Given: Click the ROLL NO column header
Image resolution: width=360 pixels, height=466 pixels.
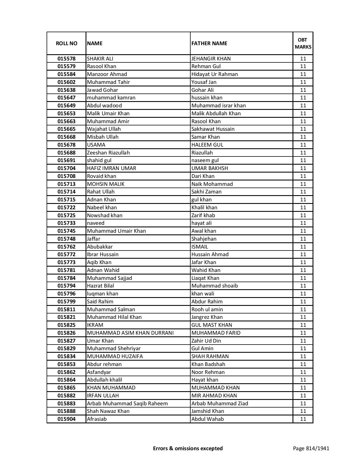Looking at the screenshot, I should (x=66, y=43).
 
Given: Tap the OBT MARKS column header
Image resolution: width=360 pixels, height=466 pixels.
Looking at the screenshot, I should (x=303, y=43).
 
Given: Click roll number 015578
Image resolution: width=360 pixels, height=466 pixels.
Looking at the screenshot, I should (x=66, y=59).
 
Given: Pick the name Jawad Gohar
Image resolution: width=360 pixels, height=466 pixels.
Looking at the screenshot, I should (x=102, y=90).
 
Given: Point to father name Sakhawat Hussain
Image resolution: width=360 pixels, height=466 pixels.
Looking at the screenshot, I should (x=213, y=129).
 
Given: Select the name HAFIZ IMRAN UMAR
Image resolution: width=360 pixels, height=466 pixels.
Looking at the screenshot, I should (x=112, y=168).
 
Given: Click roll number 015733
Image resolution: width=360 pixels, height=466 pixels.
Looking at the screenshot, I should (x=66, y=223).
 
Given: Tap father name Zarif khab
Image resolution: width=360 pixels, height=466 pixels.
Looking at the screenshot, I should (x=203, y=215).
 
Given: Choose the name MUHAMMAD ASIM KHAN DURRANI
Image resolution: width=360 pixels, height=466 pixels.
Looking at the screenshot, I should (x=130, y=333).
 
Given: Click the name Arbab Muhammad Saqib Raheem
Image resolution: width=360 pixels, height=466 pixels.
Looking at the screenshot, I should (x=127, y=404).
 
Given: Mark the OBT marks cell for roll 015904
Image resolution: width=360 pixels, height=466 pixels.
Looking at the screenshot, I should (x=303, y=419).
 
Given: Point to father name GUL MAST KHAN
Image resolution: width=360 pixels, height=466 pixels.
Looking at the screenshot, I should (x=212, y=325).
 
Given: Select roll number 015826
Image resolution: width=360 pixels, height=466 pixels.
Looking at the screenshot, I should (x=66, y=333).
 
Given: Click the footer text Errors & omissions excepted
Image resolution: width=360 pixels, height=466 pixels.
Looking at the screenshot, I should (x=188, y=448).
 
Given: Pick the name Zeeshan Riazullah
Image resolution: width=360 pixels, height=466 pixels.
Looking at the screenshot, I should (x=108, y=153).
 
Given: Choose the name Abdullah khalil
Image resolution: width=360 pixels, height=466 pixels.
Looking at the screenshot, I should (x=104, y=380).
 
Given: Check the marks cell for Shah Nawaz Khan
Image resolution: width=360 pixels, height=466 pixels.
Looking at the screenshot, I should (x=303, y=411).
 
